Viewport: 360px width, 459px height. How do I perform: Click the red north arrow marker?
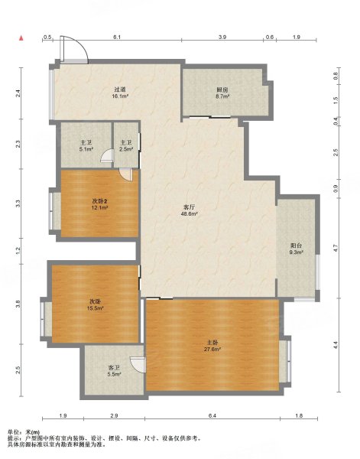(21, 38)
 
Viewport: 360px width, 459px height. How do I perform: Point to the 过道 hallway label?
(120, 90)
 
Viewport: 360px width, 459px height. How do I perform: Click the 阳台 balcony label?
(296, 246)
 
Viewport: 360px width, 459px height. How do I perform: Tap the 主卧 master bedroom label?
(212, 342)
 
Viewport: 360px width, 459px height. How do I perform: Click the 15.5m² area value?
(96, 308)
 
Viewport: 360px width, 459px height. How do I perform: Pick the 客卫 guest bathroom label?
(115, 367)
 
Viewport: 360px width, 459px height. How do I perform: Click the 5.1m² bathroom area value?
(86, 149)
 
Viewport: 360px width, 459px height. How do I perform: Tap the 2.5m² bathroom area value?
(126, 149)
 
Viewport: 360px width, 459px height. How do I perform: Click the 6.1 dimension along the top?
(117, 37)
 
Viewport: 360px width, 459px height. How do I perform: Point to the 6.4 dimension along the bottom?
(212, 415)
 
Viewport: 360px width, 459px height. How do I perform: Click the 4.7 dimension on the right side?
(336, 248)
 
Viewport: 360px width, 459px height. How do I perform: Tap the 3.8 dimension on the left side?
(18, 304)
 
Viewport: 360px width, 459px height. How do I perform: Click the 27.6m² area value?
(212, 349)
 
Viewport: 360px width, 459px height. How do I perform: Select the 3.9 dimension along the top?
(222, 37)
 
